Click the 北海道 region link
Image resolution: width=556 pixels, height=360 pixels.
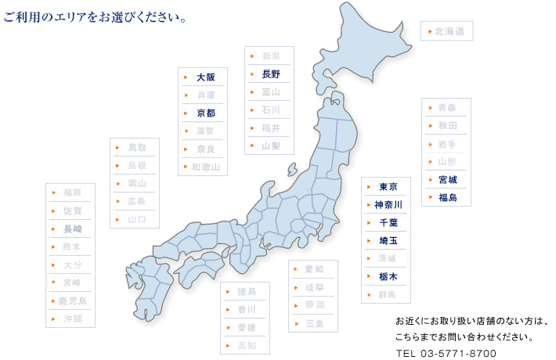tap(449, 31)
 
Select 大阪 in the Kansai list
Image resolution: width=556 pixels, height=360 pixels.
tap(205, 77)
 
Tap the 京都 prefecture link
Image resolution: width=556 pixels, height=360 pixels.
tap(205, 113)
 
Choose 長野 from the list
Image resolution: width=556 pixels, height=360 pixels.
tap(271, 74)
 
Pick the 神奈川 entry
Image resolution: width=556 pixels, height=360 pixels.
tap(388, 205)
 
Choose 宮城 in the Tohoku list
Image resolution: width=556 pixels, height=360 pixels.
tap(447, 179)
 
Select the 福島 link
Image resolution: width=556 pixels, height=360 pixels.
tap(447, 197)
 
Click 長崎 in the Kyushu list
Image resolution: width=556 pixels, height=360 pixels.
tap(72, 229)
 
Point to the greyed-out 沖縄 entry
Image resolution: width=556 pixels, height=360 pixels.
tap(72, 319)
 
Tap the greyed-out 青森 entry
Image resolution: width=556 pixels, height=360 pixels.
tap(447, 107)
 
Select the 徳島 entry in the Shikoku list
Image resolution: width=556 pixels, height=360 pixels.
tap(246, 292)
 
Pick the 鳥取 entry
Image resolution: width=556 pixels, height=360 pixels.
tap(136, 147)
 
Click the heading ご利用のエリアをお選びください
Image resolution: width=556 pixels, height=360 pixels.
tap(95, 16)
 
